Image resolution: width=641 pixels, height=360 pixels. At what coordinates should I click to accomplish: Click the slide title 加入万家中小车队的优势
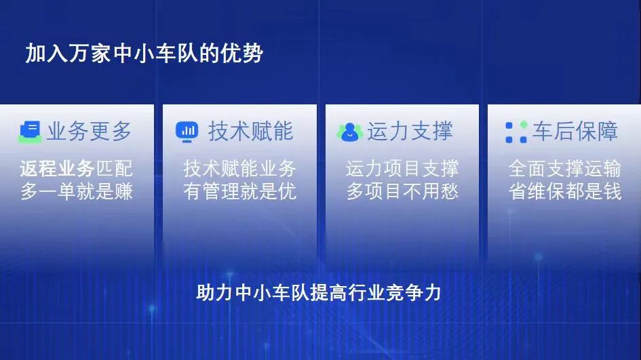click(x=144, y=54)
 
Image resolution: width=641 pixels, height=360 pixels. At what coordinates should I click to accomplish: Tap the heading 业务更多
click(x=89, y=131)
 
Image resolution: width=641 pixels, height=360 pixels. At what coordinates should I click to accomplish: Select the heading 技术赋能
click(x=250, y=131)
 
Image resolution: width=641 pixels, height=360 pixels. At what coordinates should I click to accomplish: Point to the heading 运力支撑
click(x=410, y=131)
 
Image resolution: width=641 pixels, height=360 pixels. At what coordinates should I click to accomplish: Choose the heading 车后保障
click(x=575, y=131)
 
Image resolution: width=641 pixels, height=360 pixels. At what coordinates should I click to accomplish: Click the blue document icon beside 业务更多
click(x=31, y=132)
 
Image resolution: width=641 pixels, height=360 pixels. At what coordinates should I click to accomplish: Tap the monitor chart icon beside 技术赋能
click(x=187, y=132)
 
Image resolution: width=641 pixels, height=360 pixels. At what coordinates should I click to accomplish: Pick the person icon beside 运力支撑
click(x=349, y=132)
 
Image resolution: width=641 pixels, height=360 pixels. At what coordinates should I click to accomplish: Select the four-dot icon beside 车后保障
click(x=516, y=132)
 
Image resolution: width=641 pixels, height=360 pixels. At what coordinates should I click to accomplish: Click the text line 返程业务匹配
click(x=77, y=168)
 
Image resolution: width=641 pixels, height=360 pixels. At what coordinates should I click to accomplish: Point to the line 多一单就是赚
click(x=77, y=191)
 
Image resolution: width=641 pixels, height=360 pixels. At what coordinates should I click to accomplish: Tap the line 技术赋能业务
click(x=239, y=168)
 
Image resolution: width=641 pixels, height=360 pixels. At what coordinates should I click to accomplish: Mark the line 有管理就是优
click(x=239, y=191)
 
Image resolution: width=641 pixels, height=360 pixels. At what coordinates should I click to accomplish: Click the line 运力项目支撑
click(x=402, y=168)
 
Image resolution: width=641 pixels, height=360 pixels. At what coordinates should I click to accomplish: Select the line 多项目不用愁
click(x=402, y=191)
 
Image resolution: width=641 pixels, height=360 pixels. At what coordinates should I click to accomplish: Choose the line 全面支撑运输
click(x=565, y=168)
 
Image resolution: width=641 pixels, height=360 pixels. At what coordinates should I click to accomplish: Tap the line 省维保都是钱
click(x=565, y=191)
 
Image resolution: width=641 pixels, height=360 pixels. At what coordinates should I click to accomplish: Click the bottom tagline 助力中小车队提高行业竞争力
click(x=318, y=293)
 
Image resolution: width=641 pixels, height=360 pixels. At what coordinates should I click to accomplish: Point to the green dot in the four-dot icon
click(x=524, y=125)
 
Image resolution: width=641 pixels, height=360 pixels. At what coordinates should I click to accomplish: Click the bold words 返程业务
click(x=57, y=168)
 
